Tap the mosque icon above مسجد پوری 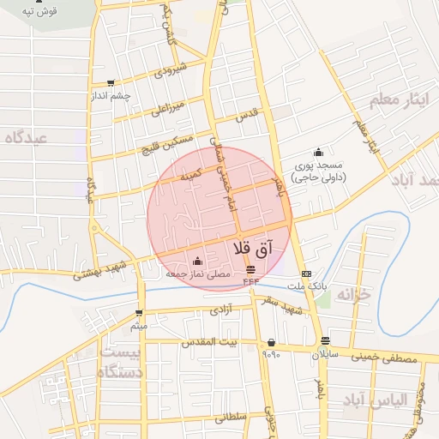[x=319, y=152]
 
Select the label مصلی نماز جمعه [x=198, y=274]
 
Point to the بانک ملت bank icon [x=307, y=274]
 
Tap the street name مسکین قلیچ [x=163, y=145]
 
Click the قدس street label [x=247, y=114]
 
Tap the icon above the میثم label [x=139, y=313]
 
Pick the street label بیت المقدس [x=206, y=341]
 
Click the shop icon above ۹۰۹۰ [x=272, y=342]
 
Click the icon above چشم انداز [x=111, y=83]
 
